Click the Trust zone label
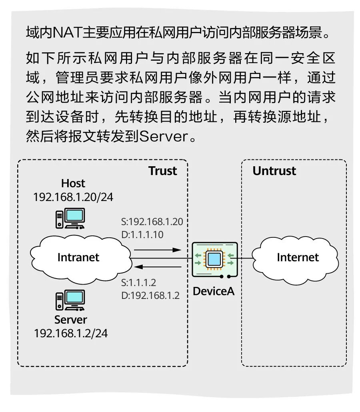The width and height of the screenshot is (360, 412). [x=162, y=171]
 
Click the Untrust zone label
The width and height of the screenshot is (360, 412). [x=274, y=171]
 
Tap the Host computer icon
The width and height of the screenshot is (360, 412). [x=70, y=218]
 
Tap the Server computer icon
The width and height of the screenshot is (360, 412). [x=70, y=300]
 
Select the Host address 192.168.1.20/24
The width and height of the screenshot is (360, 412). [x=73, y=197]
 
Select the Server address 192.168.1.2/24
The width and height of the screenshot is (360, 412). [x=71, y=333]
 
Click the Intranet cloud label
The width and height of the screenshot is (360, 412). [x=78, y=257]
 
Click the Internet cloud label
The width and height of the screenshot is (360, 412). [x=298, y=257]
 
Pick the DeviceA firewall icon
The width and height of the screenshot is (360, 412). [x=215, y=260]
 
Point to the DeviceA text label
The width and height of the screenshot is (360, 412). [x=214, y=291]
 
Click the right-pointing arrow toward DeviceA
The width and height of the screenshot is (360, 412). [x=158, y=250]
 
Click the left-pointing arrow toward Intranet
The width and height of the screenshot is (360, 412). [x=158, y=267]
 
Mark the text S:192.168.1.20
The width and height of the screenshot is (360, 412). [x=152, y=222]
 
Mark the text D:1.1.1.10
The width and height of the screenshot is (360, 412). [x=142, y=235]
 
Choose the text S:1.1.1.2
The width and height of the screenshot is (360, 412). [x=138, y=283]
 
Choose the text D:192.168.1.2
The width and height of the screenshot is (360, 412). [x=150, y=296]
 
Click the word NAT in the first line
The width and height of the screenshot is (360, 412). [x=67, y=33]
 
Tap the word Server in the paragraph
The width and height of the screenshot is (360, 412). [x=164, y=136]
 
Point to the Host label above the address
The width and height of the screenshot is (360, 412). [x=73, y=183]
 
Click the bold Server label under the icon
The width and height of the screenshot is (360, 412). [x=70, y=320]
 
